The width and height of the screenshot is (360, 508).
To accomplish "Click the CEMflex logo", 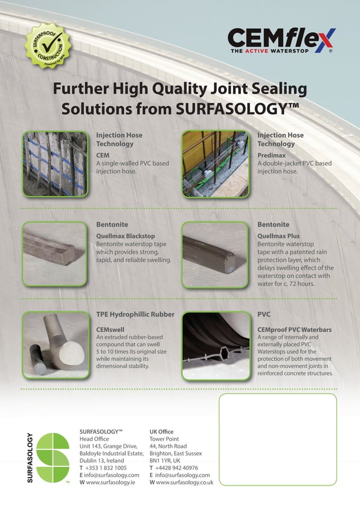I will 281,41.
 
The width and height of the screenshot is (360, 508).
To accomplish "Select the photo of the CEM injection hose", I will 55,164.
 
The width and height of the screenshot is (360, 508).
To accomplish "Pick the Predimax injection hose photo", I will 215,164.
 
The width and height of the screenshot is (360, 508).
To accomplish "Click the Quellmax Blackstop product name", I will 125,236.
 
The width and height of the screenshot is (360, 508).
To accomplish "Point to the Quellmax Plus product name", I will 279,236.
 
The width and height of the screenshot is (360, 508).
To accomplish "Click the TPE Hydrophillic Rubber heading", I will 135,314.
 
